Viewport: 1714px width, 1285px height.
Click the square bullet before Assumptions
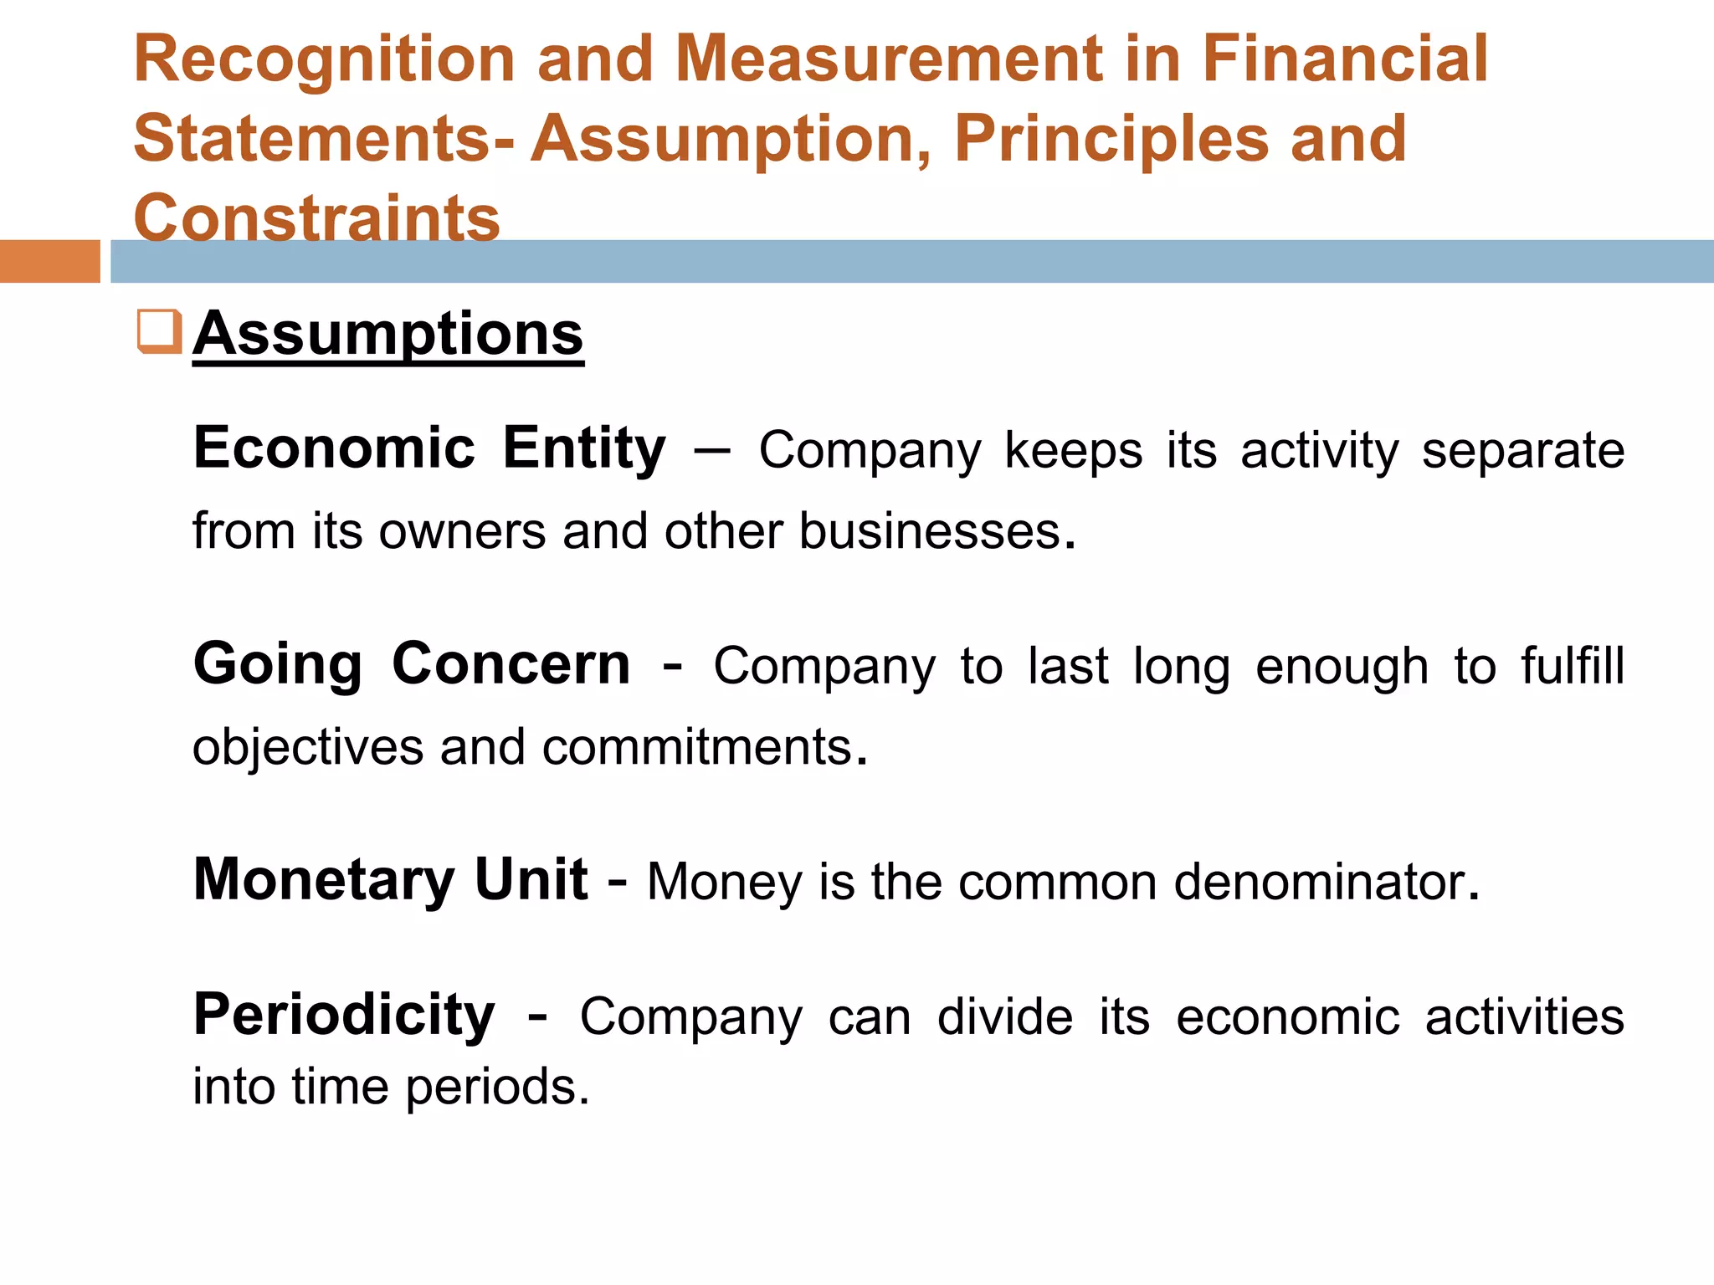tap(159, 331)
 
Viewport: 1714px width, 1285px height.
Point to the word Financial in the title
tap(1345, 60)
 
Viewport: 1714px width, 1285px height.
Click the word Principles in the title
tap(1111, 139)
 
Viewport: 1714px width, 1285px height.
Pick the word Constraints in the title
tap(316, 218)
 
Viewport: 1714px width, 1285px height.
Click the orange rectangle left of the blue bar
tap(50, 261)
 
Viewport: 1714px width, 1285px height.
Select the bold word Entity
tap(584, 448)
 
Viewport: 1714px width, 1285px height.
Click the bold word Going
tap(278, 665)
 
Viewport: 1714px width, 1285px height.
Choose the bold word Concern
tap(511, 665)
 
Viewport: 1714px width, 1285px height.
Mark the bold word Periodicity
tap(344, 1016)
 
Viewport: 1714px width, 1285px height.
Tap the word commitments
tap(697, 747)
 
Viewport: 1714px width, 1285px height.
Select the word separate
tap(1523, 451)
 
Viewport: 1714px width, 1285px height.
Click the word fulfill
tap(1573, 667)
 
